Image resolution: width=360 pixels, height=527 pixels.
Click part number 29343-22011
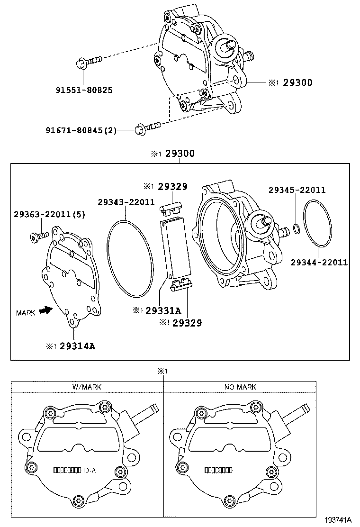pyautogui.click(x=126, y=202)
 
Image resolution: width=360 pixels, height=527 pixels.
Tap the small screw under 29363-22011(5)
pyautogui.click(x=38, y=235)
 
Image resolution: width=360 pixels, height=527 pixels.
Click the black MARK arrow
pyautogui.click(x=45, y=311)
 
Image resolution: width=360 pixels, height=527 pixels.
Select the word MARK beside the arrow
pyautogui.click(x=25, y=313)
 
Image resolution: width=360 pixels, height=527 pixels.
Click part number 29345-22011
pyautogui.click(x=297, y=190)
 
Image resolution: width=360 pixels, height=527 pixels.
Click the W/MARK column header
pyautogui.click(x=87, y=387)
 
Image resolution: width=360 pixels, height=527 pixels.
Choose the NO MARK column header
pyautogui.click(x=240, y=387)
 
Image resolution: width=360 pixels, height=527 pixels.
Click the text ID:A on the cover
pyautogui.click(x=90, y=470)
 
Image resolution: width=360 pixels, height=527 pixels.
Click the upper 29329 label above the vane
pyautogui.click(x=172, y=186)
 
